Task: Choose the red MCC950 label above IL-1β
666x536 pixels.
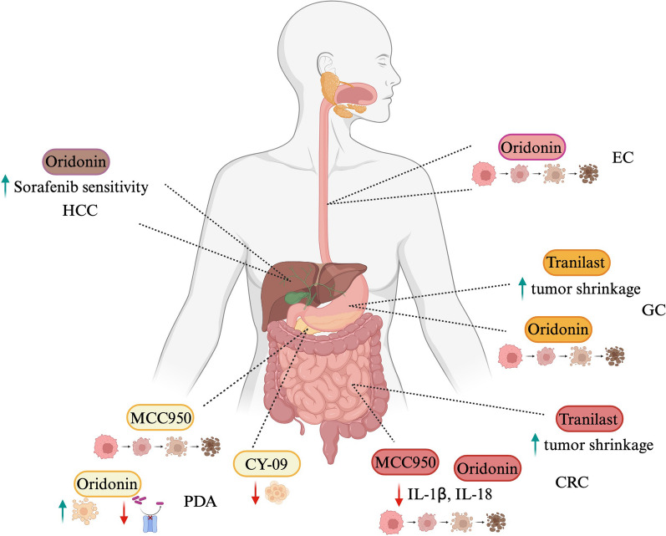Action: (x=405, y=462)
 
